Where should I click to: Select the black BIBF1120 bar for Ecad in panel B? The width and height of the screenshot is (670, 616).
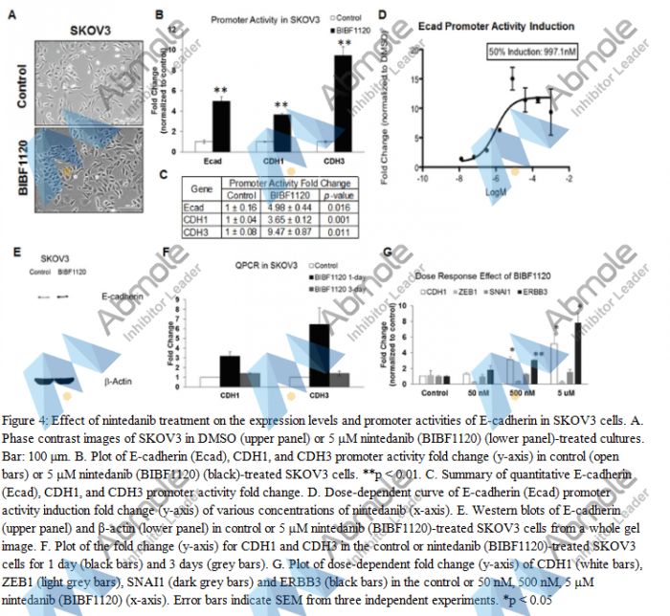tap(220, 121)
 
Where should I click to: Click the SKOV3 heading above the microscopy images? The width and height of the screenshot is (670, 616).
tap(88, 30)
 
